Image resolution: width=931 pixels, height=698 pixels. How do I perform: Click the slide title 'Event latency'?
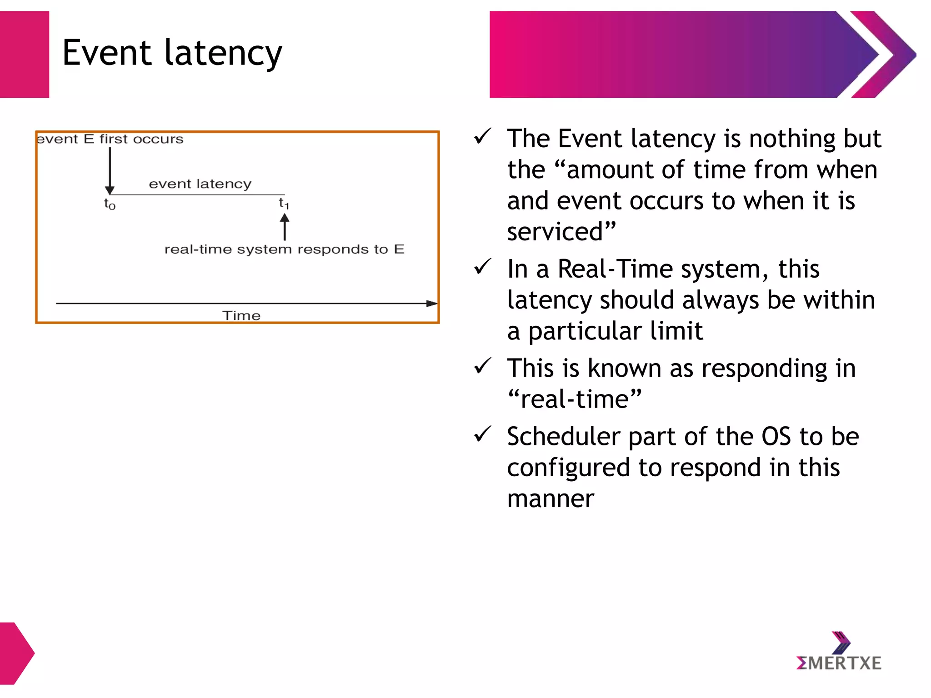(172, 53)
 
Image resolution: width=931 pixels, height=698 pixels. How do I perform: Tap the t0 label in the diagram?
(110, 204)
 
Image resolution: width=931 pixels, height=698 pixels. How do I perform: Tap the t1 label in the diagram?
(284, 203)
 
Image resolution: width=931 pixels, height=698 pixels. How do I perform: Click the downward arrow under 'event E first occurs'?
(110, 170)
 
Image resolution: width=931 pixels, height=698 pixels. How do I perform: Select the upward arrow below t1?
(285, 227)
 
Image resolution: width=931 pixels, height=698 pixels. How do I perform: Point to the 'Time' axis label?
(241, 315)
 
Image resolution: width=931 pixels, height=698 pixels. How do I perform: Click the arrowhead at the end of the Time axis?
(431, 303)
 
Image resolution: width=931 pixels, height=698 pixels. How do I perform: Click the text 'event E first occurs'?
(110, 139)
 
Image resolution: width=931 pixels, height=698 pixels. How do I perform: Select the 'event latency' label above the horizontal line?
(200, 184)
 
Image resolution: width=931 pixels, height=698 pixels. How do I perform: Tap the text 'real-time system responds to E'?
(284, 249)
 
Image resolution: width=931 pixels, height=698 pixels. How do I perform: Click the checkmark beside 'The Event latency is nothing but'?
(482, 136)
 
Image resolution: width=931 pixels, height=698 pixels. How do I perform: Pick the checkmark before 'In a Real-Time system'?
(482, 267)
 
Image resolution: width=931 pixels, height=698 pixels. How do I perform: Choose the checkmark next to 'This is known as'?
(482, 366)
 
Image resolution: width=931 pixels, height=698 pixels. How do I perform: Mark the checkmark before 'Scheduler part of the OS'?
(482, 434)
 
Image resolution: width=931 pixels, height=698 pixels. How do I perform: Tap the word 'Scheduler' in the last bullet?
(564, 436)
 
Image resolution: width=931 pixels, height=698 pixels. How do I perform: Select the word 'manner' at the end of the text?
(551, 499)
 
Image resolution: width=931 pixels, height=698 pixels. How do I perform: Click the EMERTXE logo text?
(839, 663)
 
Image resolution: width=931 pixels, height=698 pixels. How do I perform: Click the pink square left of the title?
(24, 54)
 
